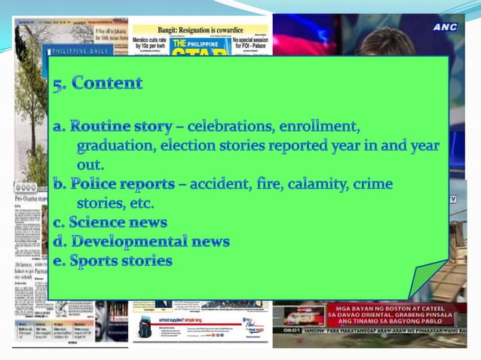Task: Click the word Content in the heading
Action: click(x=107, y=84)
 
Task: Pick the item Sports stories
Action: click(x=120, y=261)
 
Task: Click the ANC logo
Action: click(x=444, y=26)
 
